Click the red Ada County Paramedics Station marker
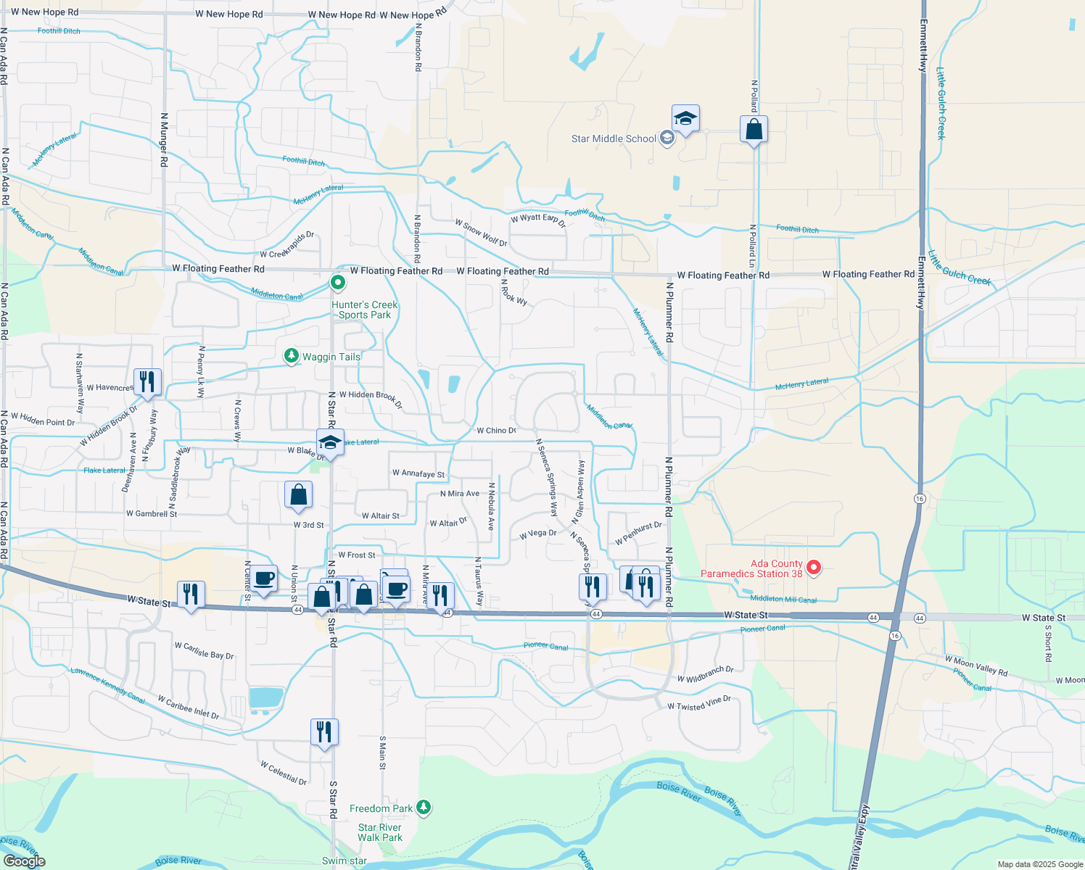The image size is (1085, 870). point(814,568)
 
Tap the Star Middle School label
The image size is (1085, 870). point(614,138)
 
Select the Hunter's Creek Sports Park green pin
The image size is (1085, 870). point(337,282)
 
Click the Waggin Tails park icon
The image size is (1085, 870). point(291,356)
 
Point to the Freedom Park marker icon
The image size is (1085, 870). point(424,808)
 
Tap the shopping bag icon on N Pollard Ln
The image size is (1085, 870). point(754,130)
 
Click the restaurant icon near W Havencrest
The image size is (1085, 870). point(147,382)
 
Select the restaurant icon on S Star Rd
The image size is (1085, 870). point(324,732)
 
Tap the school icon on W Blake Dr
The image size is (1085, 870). point(330,442)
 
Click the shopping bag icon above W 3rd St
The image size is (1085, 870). point(298,495)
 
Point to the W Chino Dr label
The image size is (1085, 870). point(496,431)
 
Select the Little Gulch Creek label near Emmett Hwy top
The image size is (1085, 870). point(941,103)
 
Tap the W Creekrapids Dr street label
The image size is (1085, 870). point(287,246)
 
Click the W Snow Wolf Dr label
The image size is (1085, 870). point(481,233)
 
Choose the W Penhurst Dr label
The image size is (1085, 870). point(638,534)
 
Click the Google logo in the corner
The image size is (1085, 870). point(24,861)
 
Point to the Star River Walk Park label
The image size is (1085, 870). point(379,832)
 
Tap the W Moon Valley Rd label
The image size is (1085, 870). point(975,666)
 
